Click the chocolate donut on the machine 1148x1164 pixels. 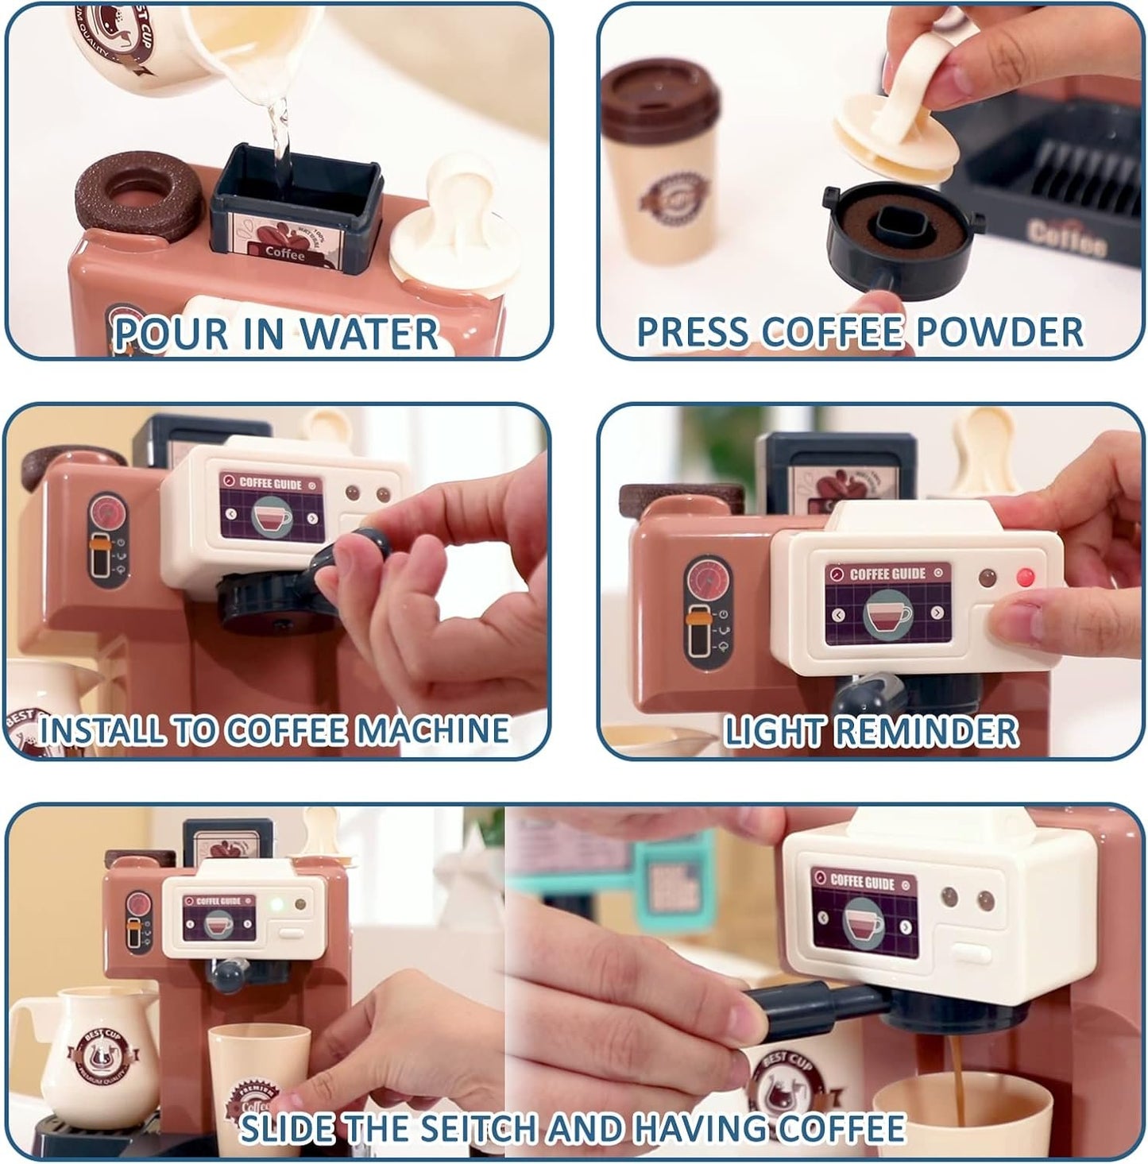(x=132, y=191)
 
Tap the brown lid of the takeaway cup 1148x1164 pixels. (x=660, y=93)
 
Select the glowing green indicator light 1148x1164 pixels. (x=276, y=904)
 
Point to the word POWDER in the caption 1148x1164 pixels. (x=999, y=332)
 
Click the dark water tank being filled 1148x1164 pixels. (x=296, y=207)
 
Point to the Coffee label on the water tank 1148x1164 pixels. (x=284, y=253)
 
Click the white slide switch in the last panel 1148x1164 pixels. (x=971, y=953)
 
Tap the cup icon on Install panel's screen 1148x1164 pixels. (x=271, y=516)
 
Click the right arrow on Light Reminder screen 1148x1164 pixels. (x=937, y=613)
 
